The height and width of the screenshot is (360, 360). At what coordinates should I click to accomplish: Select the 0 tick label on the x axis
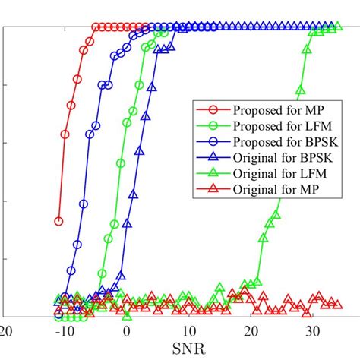click(x=127, y=332)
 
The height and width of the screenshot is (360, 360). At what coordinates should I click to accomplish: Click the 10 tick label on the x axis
click(x=188, y=332)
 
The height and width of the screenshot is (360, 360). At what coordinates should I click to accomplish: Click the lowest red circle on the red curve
click(x=58, y=221)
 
